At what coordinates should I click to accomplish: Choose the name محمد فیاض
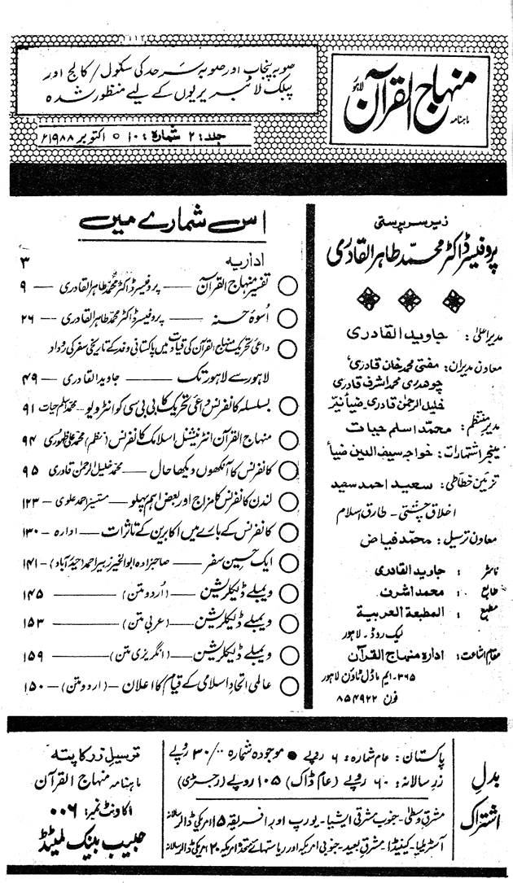(x=381, y=538)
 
